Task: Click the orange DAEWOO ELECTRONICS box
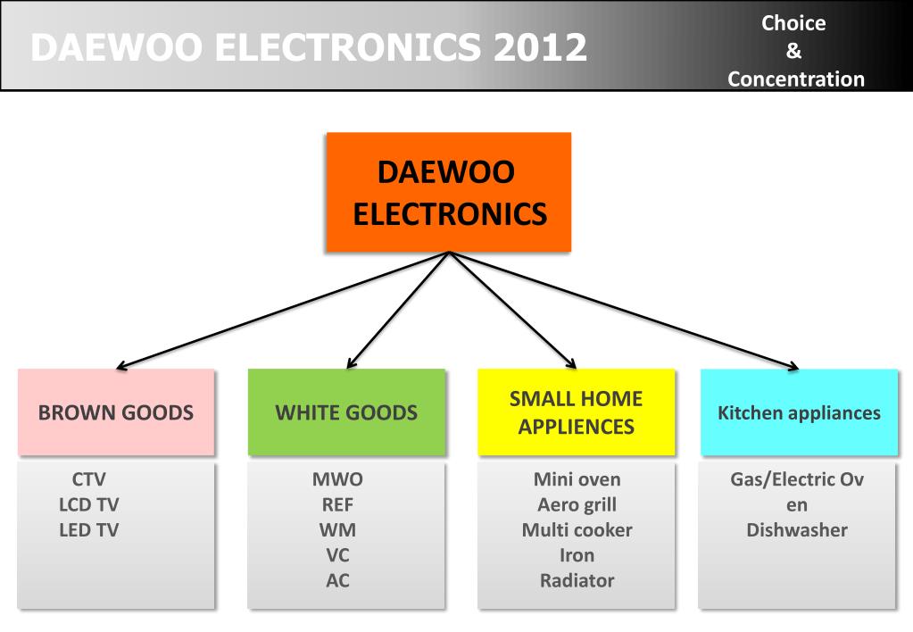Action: [x=449, y=192]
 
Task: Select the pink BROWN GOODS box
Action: [x=116, y=412]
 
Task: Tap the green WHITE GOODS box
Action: [x=346, y=412]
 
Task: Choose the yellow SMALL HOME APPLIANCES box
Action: [x=576, y=412]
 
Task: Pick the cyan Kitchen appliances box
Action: [x=799, y=412]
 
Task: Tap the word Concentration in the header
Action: [x=796, y=79]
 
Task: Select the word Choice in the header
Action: [x=793, y=23]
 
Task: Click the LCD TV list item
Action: [x=88, y=504]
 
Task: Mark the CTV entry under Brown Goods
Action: [x=89, y=479]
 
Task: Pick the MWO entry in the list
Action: [x=337, y=479]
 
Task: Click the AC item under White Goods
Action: [x=337, y=580]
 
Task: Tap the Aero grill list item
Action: [x=577, y=504]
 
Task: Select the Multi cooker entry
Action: [x=577, y=529]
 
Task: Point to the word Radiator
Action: [x=577, y=580]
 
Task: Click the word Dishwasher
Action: [x=797, y=529]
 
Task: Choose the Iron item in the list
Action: [x=577, y=554]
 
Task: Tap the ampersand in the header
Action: [x=793, y=52]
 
